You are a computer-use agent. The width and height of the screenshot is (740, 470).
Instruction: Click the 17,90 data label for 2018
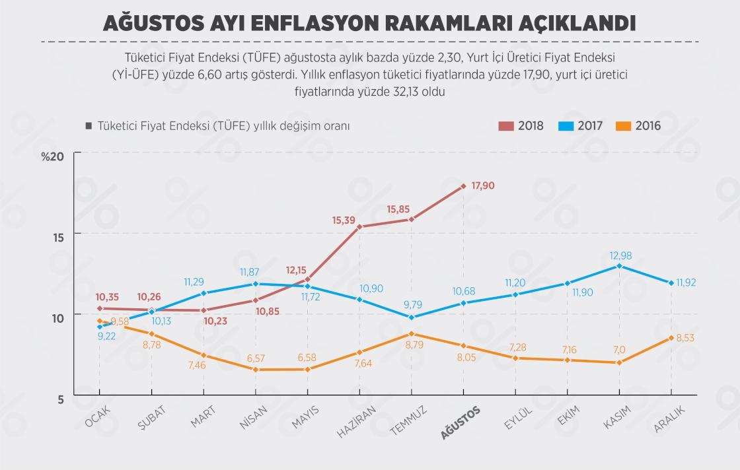click(x=483, y=186)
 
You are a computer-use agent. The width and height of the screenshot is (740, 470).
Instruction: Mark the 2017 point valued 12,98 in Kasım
click(x=618, y=266)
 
